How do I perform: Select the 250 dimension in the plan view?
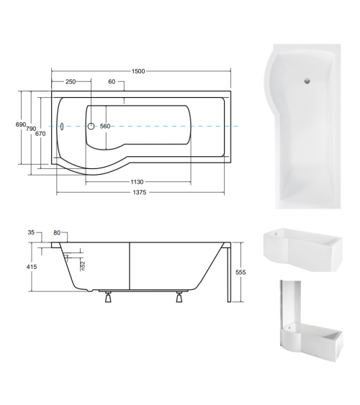pyautogui.click(x=71, y=82)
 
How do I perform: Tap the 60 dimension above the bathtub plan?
pyautogui.click(x=112, y=82)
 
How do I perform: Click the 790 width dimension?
pyautogui.click(x=31, y=129)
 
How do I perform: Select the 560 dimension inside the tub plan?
pyautogui.click(x=105, y=127)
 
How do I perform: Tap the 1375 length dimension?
pyautogui.click(x=140, y=194)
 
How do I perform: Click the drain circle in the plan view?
pyautogui.click(x=91, y=127)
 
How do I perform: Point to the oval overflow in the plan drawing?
pyautogui.click(x=63, y=127)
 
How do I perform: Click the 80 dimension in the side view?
pyautogui.click(x=57, y=233)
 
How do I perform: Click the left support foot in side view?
pyautogui.click(x=107, y=296)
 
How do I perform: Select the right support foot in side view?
pyautogui.click(x=177, y=296)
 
